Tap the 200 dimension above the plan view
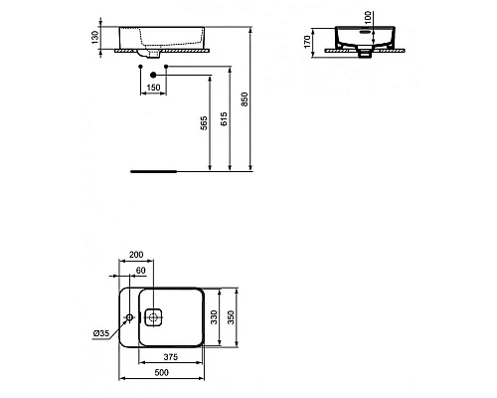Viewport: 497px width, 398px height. coord(135,257)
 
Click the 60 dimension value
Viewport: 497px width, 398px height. coord(140,271)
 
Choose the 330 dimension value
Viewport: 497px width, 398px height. coord(214,316)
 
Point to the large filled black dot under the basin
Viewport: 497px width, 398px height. coord(152,75)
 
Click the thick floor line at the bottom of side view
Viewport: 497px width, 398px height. coord(154,170)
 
